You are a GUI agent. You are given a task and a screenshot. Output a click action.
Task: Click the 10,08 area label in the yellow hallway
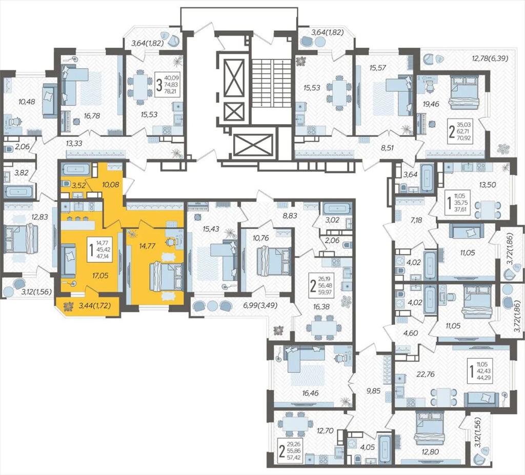(110, 185)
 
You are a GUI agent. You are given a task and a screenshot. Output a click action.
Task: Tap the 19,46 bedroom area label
(431, 104)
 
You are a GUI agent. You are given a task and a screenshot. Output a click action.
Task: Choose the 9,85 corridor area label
(373, 390)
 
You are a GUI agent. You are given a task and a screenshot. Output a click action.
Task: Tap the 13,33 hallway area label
(74, 143)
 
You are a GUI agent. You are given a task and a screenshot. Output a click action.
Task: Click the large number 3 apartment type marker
(159, 85)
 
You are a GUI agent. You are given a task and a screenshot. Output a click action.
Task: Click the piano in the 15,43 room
(199, 207)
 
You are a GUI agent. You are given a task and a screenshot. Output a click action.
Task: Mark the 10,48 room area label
(27, 102)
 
